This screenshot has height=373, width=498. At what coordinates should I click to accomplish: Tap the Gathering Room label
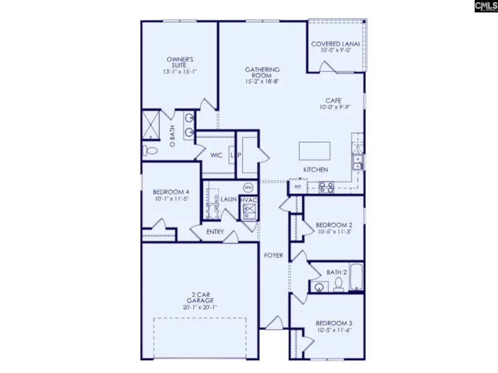pos(263,72)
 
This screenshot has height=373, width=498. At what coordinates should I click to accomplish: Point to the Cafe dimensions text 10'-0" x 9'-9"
pos(333,108)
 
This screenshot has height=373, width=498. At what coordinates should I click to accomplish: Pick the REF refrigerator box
pos(298,187)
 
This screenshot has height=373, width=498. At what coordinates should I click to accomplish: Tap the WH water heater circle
pos(248,186)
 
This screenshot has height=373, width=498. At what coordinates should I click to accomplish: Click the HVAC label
pos(248,199)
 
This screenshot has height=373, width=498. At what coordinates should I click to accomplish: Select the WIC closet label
pos(216,155)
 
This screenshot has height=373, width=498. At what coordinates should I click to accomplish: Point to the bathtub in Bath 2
pos(357,278)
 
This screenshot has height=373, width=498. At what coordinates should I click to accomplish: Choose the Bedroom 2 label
pos(334,225)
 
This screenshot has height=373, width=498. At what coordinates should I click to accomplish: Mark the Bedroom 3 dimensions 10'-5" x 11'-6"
pos(334,330)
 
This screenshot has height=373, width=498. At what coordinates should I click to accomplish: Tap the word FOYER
pos(273,255)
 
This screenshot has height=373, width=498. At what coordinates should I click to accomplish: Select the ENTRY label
pos(215,232)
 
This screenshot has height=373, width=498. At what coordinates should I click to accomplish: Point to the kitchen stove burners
pos(326,187)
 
